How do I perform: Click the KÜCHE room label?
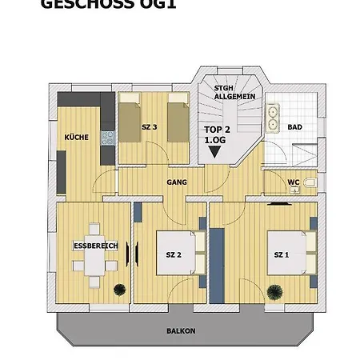click(x=76, y=138)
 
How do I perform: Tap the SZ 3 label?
click(x=150, y=127)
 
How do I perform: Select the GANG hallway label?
click(x=177, y=182)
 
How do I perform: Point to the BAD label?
click(x=295, y=127)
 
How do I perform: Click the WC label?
click(x=294, y=182)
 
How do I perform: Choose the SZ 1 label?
click(x=281, y=254)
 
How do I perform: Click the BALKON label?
click(x=182, y=330)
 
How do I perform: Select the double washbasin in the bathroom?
click(x=273, y=118)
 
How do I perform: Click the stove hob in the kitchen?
click(x=107, y=137)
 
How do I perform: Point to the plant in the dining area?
click(x=120, y=289)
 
